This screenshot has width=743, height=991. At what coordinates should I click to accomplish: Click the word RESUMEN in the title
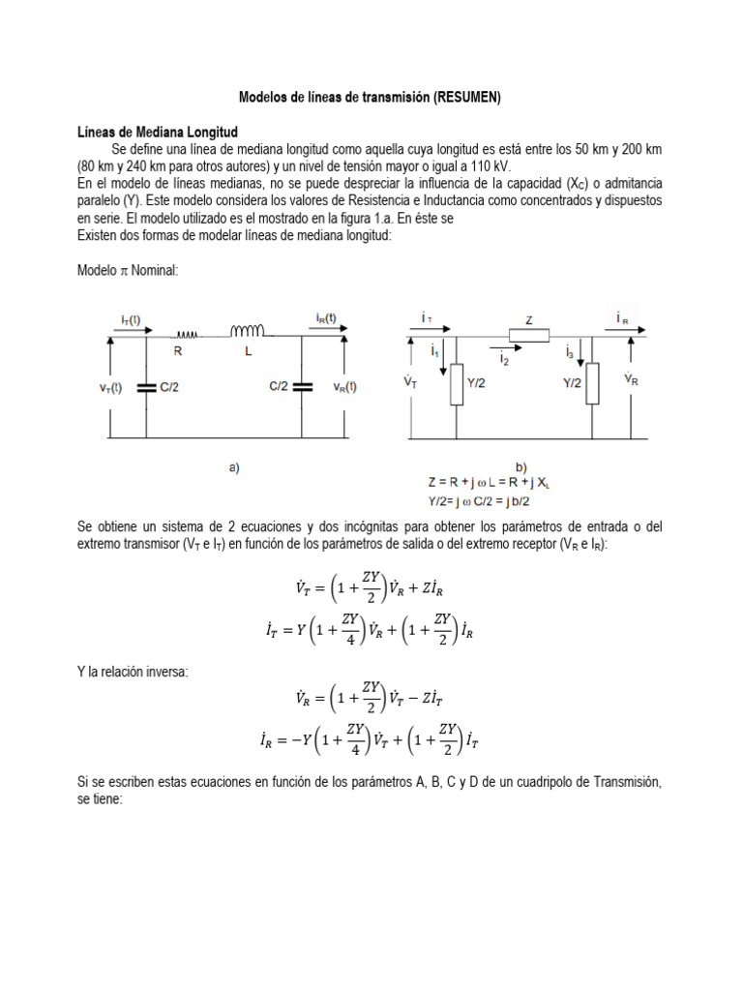click(x=468, y=97)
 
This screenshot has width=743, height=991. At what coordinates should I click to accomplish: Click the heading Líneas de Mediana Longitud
click(x=158, y=131)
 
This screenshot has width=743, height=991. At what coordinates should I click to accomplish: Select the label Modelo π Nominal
click(x=125, y=271)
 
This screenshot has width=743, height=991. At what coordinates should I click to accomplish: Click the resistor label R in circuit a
click(x=179, y=353)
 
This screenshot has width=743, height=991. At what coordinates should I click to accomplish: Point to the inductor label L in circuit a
click(x=250, y=353)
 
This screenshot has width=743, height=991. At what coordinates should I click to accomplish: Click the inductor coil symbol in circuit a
click(x=245, y=332)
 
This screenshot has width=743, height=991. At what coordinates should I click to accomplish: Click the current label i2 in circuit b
click(x=505, y=359)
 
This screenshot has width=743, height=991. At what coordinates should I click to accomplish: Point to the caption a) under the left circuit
click(x=234, y=467)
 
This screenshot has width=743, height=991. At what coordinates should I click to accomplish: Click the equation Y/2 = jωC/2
click(x=481, y=500)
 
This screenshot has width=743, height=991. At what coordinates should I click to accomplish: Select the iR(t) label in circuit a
click(x=326, y=318)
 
